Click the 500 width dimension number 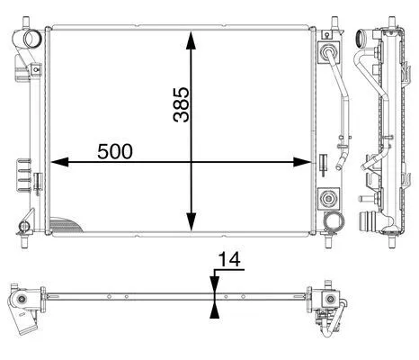tap(115, 151)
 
